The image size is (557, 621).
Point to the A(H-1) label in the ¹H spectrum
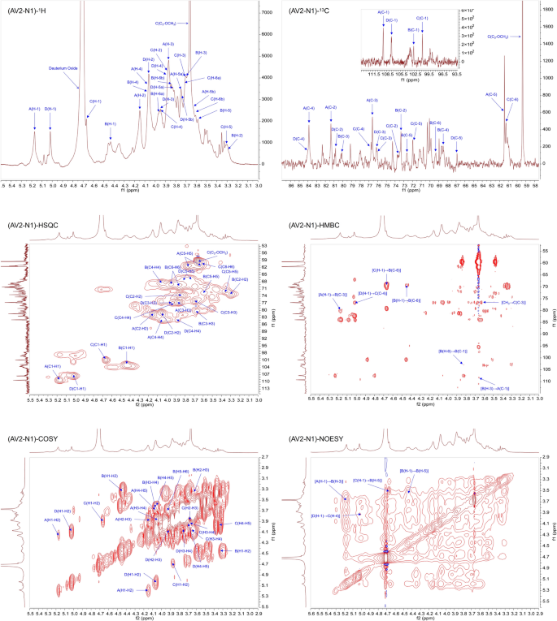tap(34, 108)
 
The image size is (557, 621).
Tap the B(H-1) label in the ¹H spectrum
tap(111, 124)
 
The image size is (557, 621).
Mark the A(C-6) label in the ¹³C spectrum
tap(491, 94)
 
